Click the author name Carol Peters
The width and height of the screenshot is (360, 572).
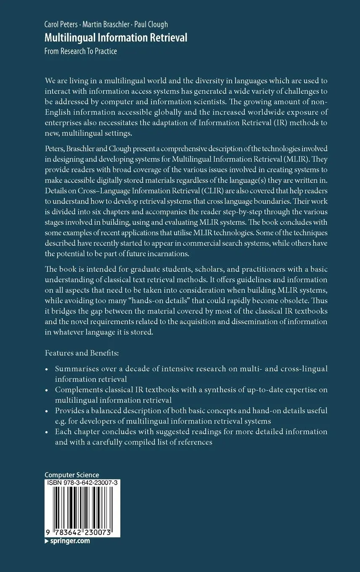click(x=60, y=24)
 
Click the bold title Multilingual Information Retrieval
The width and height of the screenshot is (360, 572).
click(x=116, y=38)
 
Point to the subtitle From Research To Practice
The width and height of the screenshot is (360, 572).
click(x=81, y=51)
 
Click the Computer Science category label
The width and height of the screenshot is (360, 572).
click(x=72, y=475)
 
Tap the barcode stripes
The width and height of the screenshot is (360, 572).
click(x=82, y=507)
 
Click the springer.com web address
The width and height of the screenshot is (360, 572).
click(x=70, y=541)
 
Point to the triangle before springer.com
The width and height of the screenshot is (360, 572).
click(x=47, y=541)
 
